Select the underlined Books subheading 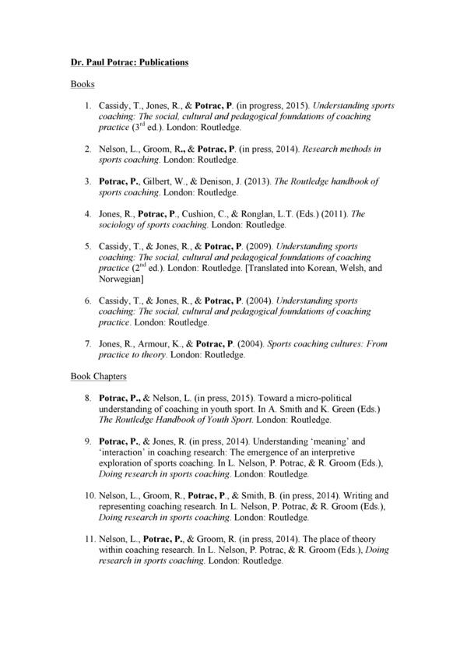82,83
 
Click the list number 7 89,343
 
